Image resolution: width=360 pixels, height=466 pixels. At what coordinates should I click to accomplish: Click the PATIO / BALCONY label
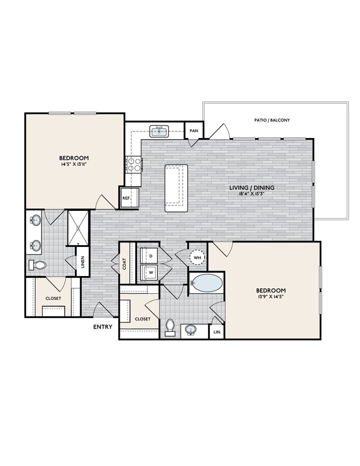point(272,120)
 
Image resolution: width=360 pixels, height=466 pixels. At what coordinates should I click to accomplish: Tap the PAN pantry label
point(194,130)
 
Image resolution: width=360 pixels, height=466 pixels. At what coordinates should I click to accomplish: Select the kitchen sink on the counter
point(161,131)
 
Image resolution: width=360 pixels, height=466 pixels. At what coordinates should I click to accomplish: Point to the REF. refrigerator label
point(126,198)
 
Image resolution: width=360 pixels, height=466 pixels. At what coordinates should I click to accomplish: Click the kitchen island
point(176,187)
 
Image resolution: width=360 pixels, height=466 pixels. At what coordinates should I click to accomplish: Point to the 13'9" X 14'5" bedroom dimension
point(271,298)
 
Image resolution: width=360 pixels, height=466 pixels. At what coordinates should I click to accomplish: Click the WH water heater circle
point(197,258)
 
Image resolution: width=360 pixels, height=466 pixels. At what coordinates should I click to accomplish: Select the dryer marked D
point(148,256)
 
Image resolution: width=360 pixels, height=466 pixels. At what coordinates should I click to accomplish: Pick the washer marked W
point(148,272)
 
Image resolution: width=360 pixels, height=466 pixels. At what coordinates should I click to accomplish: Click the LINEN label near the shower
point(82,262)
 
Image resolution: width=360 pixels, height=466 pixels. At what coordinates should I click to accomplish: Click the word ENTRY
point(103,327)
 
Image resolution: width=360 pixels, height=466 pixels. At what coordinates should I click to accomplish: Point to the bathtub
point(207,284)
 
